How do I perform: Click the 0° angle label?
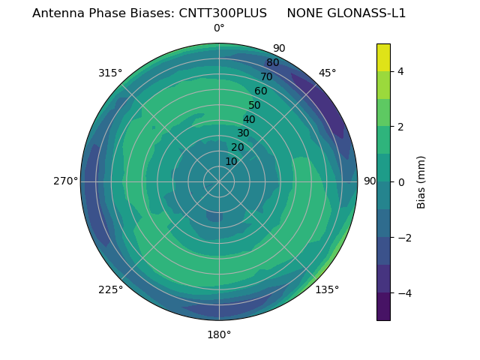tap(219, 28)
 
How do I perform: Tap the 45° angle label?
tap(327, 73)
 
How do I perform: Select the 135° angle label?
tap(327, 289)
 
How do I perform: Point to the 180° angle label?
tap(219, 334)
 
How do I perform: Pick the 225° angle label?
tap(110, 289)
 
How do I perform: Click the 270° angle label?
tap(65, 181)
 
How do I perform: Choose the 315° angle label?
tap(110, 73)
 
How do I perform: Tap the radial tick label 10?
tap(231, 161)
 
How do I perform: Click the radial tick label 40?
tap(249, 119)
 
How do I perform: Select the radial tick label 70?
tap(266, 76)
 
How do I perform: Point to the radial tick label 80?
tap(272, 62)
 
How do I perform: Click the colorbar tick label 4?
tap(401, 71)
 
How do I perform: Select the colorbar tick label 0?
tap(401, 181)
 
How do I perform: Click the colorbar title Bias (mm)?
tap(421, 181)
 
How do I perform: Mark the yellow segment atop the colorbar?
tap(383, 57)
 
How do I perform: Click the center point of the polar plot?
tap(219, 181)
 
